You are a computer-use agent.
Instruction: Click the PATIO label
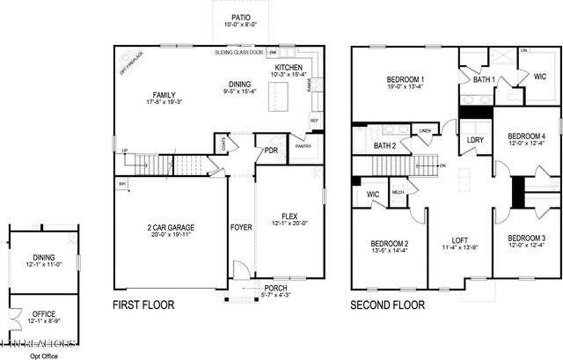point(241,18)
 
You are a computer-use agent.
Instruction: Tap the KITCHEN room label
point(289,68)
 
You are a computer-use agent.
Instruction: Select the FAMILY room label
point(164,94)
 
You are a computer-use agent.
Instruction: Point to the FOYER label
point(241,228)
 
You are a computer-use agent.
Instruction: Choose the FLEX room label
point(289,216)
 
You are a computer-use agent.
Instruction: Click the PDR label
point(272,151)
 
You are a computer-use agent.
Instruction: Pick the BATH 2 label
point(384,145)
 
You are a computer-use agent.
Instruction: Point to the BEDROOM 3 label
point(525,239)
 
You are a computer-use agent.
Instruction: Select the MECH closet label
point(398,190)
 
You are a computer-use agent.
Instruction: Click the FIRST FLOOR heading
point(143,305)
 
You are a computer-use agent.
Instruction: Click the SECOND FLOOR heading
point(388,305)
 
